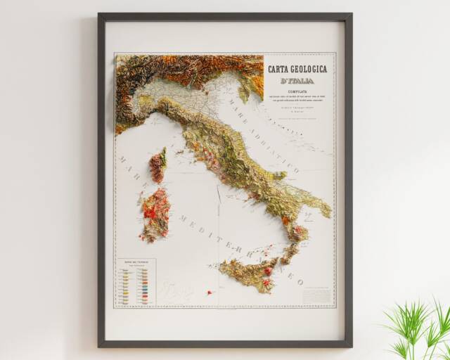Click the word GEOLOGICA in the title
coord(309,70)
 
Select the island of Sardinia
coord(155,213)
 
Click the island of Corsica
coord(157,166)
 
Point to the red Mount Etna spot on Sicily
coord(268,271)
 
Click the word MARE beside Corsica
coord(130,173)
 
